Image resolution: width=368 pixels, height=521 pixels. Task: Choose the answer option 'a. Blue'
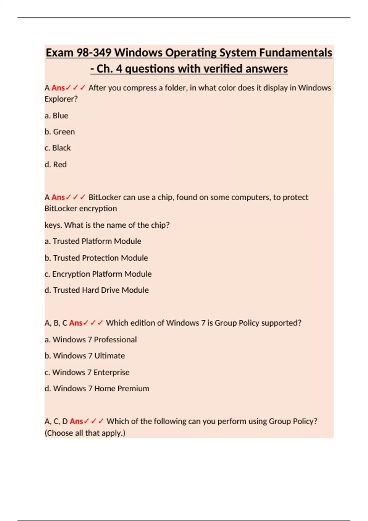[56, 116]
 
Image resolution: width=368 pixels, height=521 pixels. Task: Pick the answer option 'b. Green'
[60, 132]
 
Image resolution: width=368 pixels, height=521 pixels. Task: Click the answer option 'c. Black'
[58, 148]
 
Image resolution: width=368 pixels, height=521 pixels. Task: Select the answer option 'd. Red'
[56, 165]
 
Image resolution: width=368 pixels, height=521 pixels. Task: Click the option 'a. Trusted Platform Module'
[93, 241]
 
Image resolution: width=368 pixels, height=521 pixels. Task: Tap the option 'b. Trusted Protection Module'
[96, 258]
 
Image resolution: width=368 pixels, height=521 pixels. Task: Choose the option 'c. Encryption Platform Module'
[98, 274]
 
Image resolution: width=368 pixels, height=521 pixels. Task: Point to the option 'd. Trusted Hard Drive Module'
[97, 290]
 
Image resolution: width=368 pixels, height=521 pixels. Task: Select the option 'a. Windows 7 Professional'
[91, 340]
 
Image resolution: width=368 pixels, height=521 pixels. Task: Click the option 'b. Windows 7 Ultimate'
[85, 356]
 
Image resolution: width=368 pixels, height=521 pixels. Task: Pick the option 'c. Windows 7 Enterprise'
[87, 372]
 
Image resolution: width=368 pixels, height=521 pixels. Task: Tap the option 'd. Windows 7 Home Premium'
[97, 389]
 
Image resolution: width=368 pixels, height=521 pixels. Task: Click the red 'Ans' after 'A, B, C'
[76, 323]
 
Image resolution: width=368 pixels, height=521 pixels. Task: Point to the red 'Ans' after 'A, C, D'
[76, 421]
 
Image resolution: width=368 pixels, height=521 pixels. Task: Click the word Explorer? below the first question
[61, 99]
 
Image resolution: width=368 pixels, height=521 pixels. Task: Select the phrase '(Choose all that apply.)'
[85, 433]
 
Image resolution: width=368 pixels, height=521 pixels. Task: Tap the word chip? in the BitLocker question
[160, 225]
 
